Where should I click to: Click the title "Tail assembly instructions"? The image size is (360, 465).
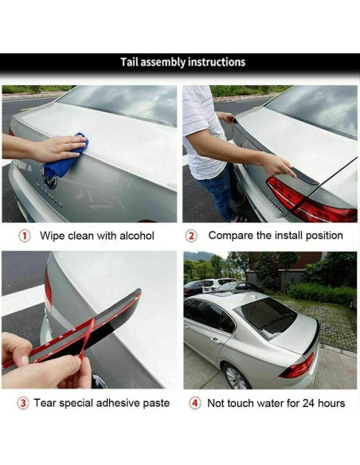182,62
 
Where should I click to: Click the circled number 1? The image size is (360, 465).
25,236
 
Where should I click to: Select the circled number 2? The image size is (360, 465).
191,236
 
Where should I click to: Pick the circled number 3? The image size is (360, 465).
25,403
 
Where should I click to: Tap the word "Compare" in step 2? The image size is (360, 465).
230,236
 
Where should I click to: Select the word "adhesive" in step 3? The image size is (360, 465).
118,403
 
